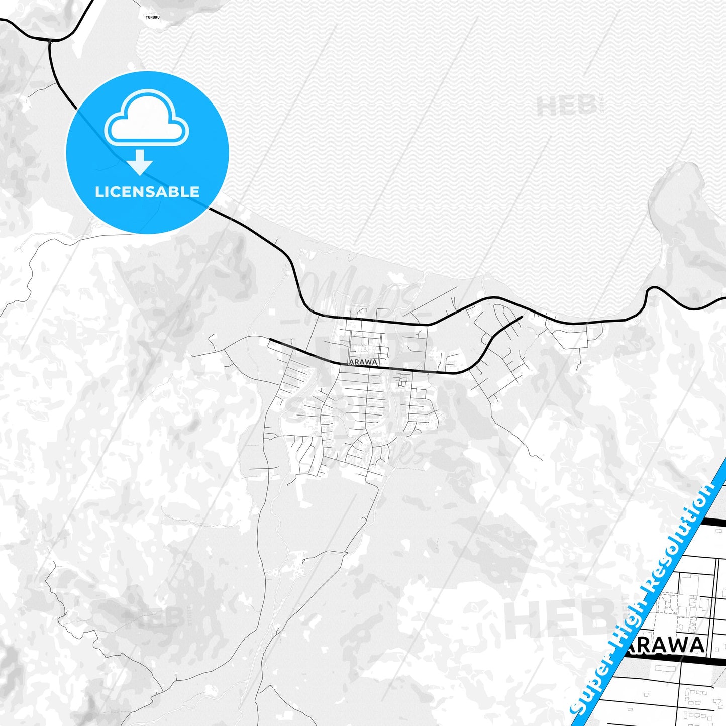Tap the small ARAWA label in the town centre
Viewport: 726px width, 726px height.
(363, 362)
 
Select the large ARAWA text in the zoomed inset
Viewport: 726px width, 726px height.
(666, 646)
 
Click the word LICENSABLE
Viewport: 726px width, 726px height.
(147, 192)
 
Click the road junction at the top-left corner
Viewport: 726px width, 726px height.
(50, 40)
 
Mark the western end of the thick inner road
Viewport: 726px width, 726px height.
(271, 340)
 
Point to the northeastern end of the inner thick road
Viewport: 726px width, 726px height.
(522, 317)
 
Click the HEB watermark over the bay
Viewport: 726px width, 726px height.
(565, 107)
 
